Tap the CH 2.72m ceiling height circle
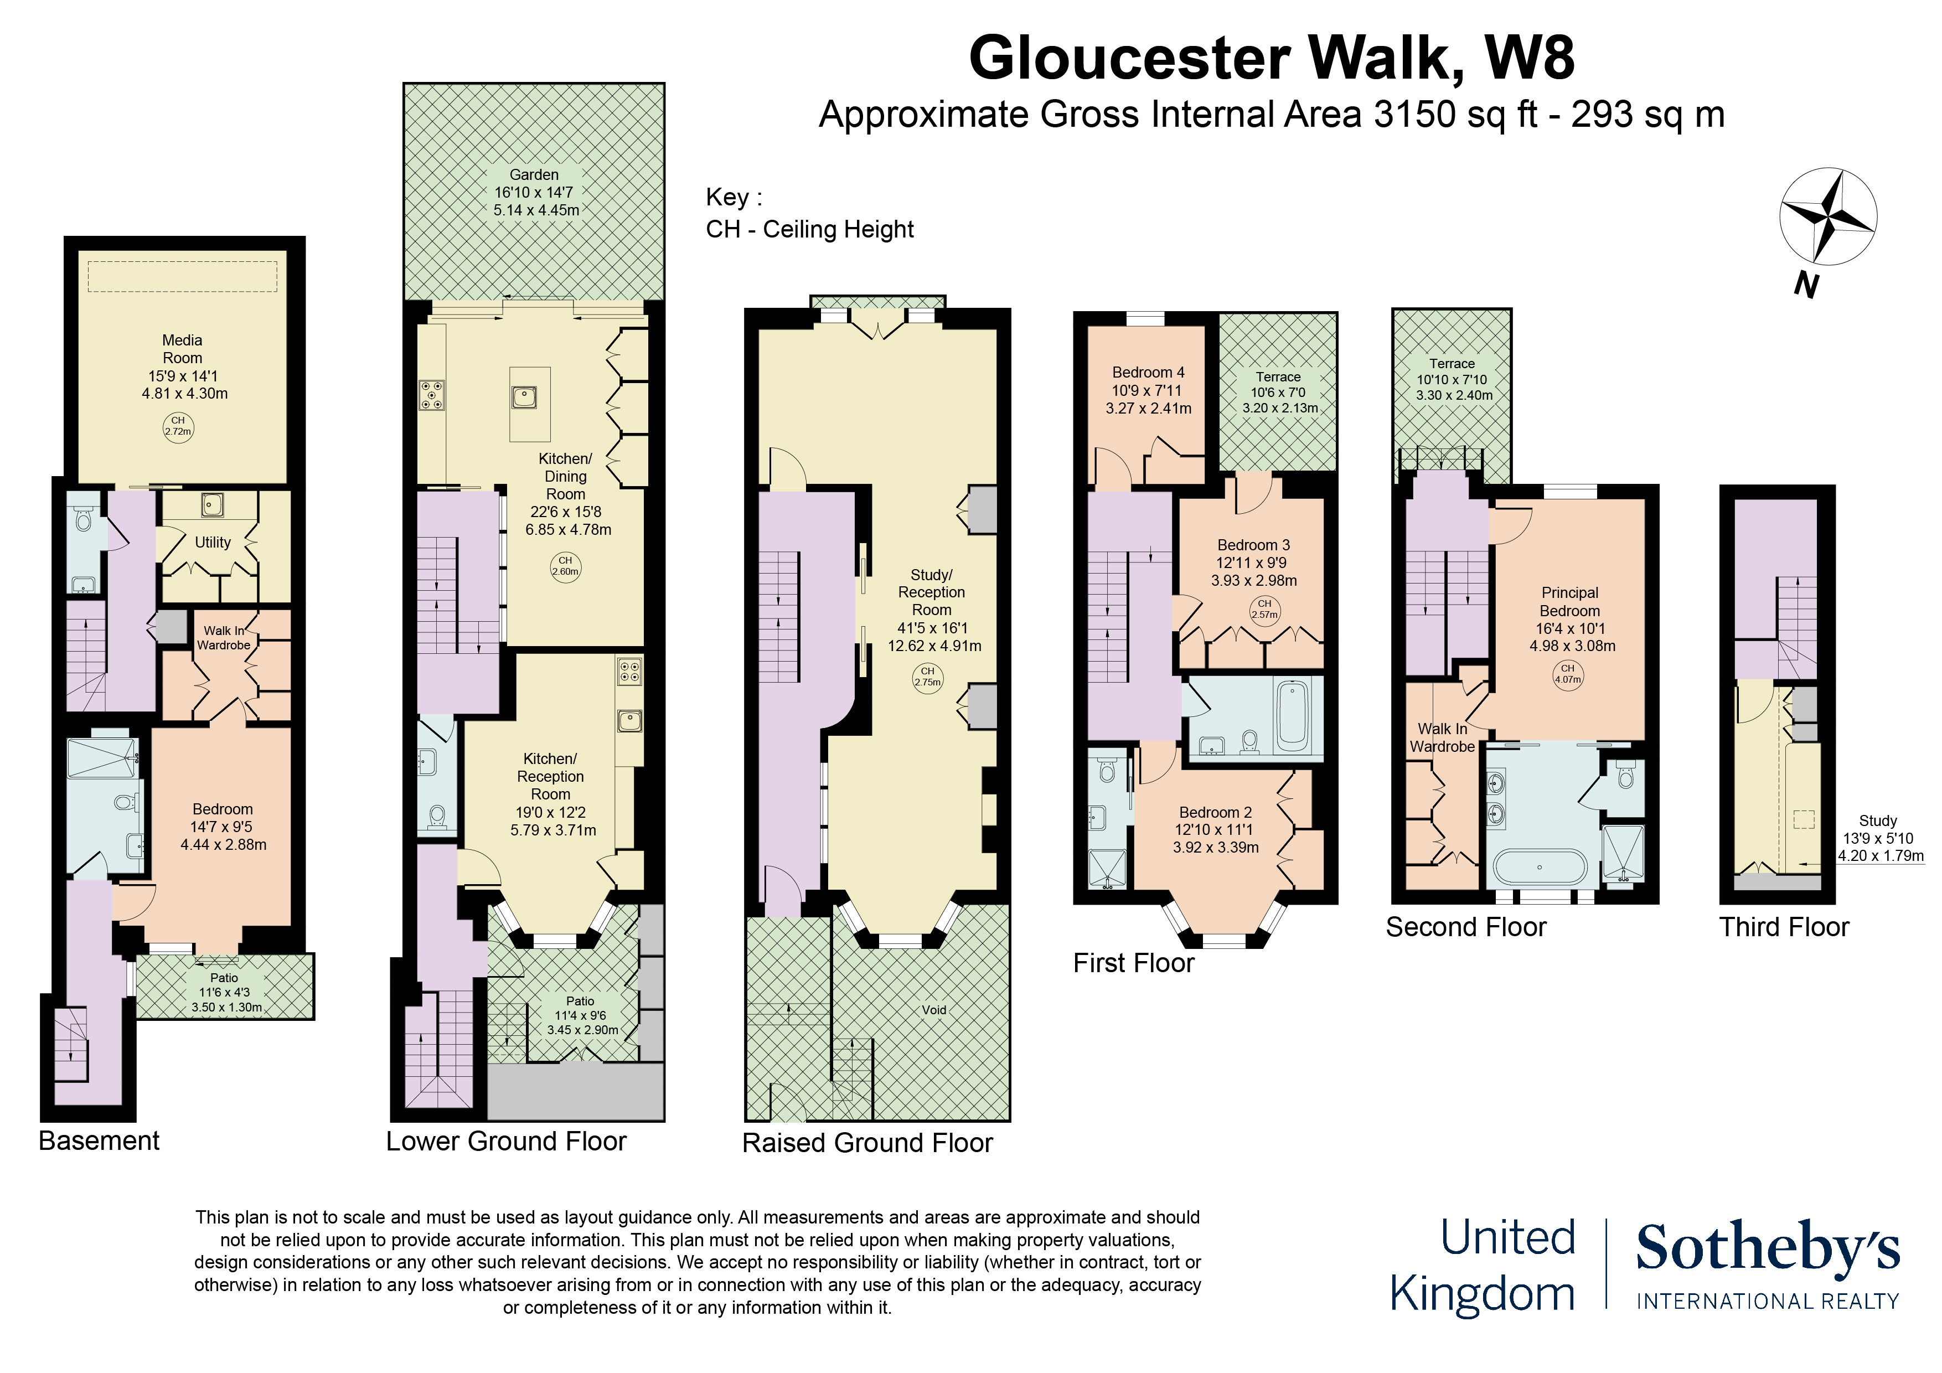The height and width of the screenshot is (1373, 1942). (x=178, y=426)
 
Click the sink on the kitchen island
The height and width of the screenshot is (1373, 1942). (x=524, y=396)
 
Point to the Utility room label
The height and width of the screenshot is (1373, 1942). (x=212, y=542)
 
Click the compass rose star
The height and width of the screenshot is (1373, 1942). (x=1827, y=216)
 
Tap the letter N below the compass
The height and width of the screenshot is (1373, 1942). (x=1806, y=285)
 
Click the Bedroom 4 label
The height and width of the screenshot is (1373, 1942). (x=1148, y=372)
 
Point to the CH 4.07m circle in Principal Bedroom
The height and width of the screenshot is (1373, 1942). (x=1567, y=674)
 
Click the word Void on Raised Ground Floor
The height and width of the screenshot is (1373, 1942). (x=934, y=1010)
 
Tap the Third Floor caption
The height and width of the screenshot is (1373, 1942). (x=1784, y=927)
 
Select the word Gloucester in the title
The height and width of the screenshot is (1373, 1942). (x=1129, y=58)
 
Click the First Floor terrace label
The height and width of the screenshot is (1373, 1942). (x=1278, y=378)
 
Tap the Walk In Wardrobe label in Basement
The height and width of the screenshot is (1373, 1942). (x=223, y=638)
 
